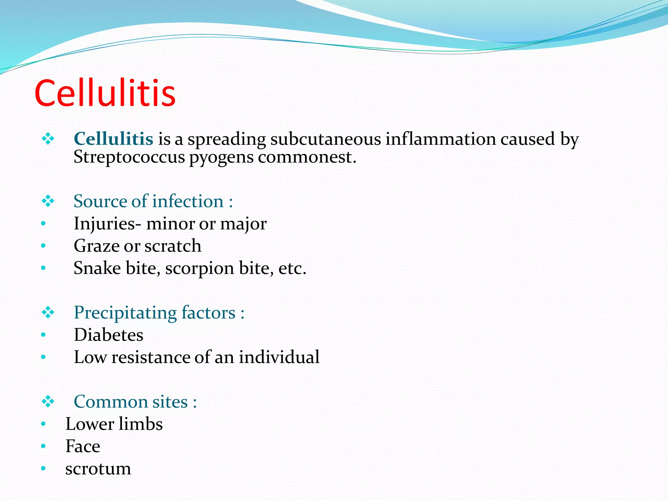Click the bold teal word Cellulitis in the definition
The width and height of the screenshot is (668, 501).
pyautogui.click(x=114, y=139)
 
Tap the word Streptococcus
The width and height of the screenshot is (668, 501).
pyautogui.click(x=129, y=157)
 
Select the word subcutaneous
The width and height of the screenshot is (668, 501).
pyautogui.click(x=326, y=139)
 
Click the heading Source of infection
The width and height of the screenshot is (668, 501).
pyautogui.click(x=149, y=201)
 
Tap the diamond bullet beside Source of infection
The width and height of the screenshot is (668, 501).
pyautogui.click(x=48, y=201)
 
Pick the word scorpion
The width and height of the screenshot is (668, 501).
pyautogui.click(x=199, y=268)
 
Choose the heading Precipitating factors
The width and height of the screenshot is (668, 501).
pyautogui.click(x=155, y=313)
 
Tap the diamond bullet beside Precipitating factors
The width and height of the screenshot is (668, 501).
pyautogui.click(x=48, y=313)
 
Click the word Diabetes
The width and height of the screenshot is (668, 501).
pyautogui.click(x=109, y=335)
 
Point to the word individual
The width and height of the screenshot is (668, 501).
pyautogui.click(x=279, y=357)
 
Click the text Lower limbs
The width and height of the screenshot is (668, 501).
pyautogui.click(x=114, y=424)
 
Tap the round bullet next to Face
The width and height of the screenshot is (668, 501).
pyautogui.click(x=43, y=446)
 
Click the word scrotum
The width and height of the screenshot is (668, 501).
pyautogui.click(x=98, y=469)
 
